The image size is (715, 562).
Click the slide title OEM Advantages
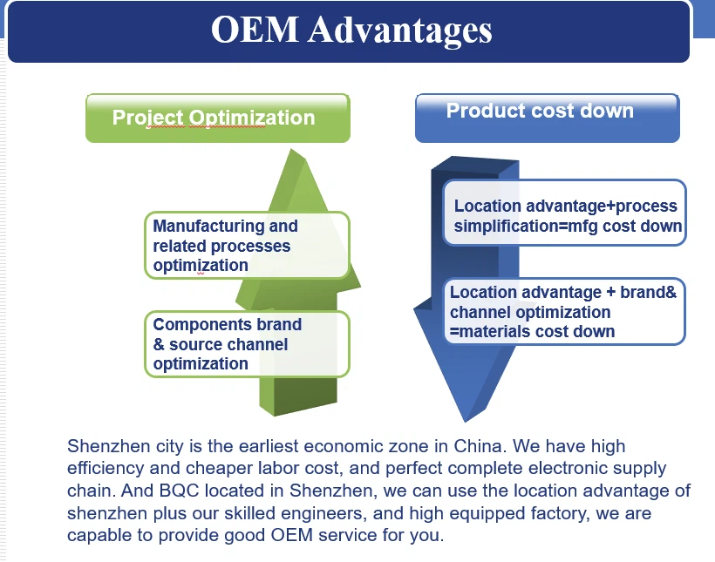(x=351, y=30)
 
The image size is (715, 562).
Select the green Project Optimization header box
(x=217, y=118)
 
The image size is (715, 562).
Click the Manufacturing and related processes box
(x=247, y=246)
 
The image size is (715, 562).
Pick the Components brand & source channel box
(x=247, y=344)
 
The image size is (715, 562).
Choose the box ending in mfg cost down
(x=565, y=216)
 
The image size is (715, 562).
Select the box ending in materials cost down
(x=565, y=312)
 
